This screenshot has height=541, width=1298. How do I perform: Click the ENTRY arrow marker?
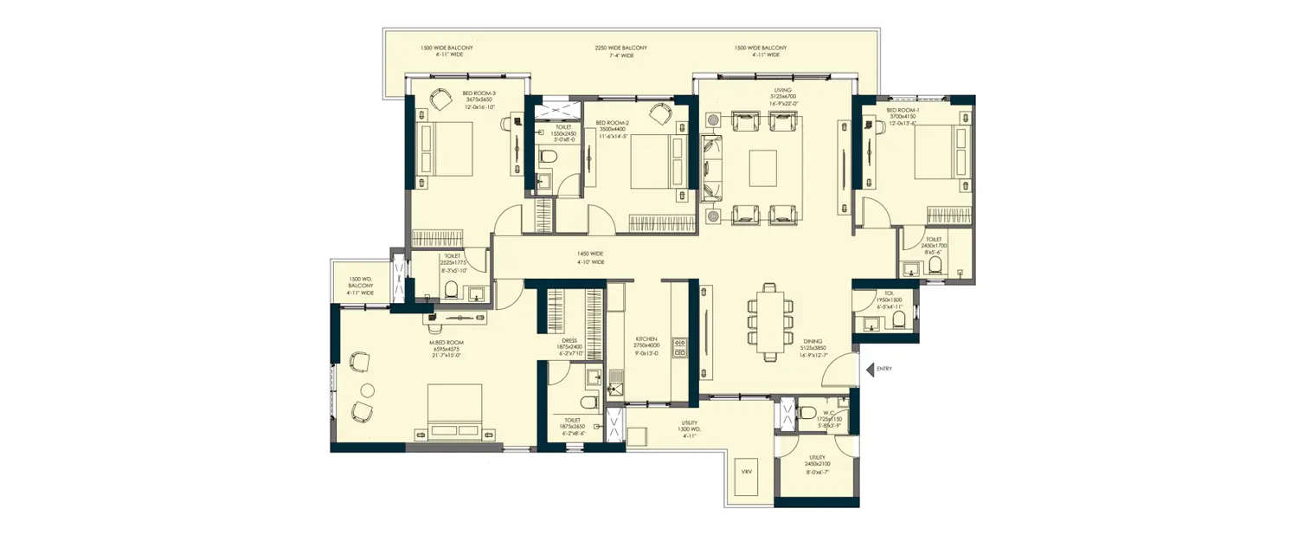tap(870, 369)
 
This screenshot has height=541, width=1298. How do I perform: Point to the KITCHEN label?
tap(646, 339)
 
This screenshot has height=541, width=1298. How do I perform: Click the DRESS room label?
tap(569, 340)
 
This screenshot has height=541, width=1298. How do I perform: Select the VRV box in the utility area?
tap(747, 473)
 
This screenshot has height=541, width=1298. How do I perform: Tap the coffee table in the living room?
tap(763, 167)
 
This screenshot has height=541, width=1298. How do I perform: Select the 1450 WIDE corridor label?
tap(591, 254)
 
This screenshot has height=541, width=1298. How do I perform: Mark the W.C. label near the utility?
tap(830, 412)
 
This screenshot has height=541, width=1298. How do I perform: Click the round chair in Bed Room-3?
tap(440, 100)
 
